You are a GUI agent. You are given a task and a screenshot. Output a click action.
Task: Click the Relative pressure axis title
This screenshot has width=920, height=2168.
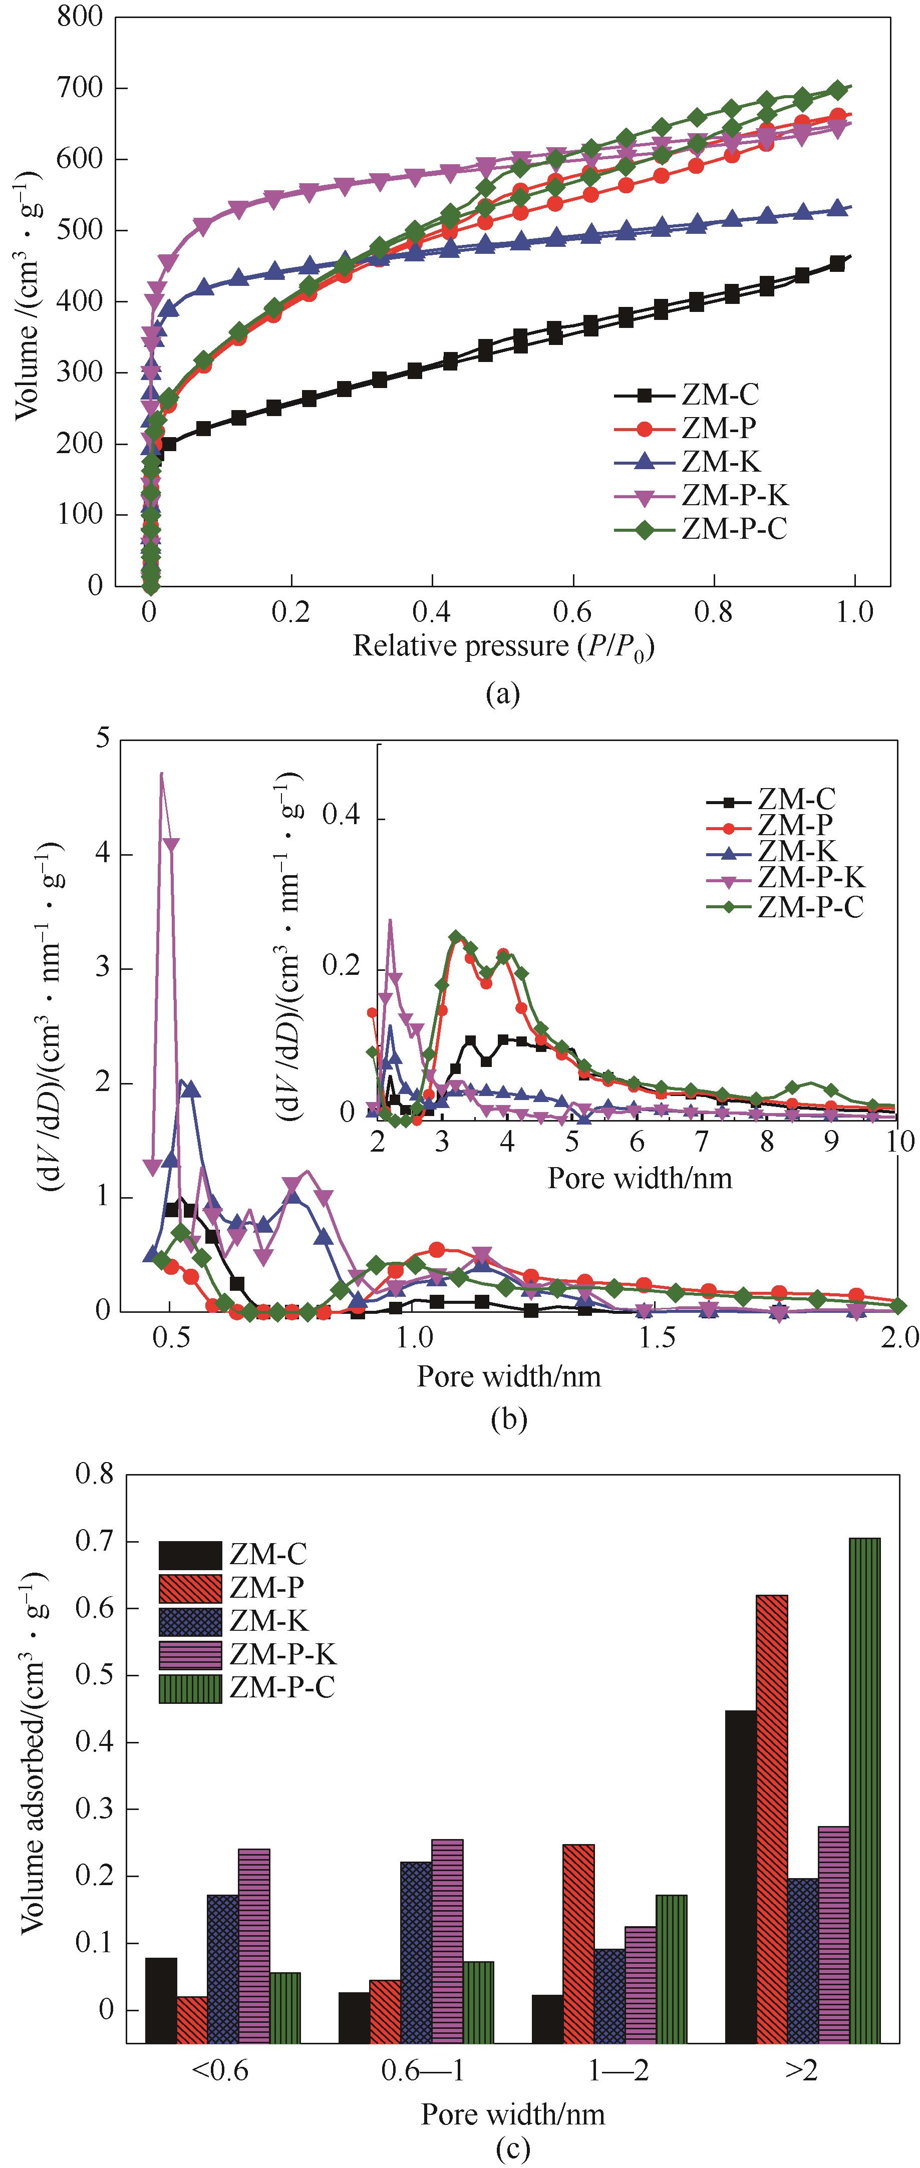(503, 646)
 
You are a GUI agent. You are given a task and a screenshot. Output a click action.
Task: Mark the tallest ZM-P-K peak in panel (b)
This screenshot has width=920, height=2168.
(162, 774)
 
